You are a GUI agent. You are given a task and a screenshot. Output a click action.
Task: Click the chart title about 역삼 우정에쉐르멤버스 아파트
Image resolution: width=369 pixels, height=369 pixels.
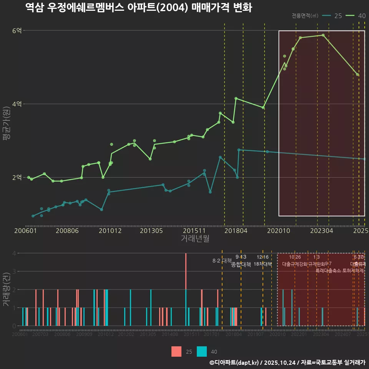point(138,8)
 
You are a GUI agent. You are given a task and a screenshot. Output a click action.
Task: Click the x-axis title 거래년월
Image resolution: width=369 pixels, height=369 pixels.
point(195,239)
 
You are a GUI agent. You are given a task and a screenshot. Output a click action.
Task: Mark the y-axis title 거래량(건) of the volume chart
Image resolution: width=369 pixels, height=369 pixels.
point(7,290)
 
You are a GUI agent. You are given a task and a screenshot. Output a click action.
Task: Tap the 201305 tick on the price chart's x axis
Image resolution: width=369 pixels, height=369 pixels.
point(151,231)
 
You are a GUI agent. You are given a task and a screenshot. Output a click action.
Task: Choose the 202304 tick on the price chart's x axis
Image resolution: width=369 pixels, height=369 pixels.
point(321,231)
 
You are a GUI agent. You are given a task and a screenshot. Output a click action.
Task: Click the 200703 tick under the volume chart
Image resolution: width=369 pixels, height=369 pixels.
point(40,334)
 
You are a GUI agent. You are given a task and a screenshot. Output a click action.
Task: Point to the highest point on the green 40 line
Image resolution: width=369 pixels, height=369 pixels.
point(323,35)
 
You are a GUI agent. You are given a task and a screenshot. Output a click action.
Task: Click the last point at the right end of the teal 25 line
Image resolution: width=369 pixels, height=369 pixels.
point(364,159)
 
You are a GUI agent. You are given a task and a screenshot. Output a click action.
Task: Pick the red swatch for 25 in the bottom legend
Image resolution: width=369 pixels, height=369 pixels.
point(176,351)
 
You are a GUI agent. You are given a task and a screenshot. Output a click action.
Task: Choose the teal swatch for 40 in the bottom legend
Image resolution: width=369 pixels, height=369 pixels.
point(202,351)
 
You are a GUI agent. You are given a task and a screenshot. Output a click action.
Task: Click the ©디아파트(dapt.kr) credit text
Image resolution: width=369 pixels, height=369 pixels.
point(234,362)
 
